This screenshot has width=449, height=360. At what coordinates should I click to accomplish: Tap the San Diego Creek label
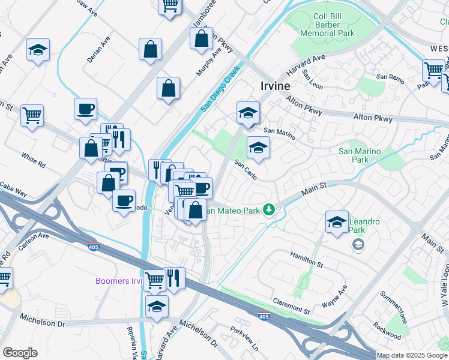220,88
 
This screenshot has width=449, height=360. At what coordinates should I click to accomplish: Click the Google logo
20,353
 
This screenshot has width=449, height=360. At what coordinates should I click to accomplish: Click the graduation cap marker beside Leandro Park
337,221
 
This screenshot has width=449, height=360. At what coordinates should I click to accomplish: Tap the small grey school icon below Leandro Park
358,244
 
